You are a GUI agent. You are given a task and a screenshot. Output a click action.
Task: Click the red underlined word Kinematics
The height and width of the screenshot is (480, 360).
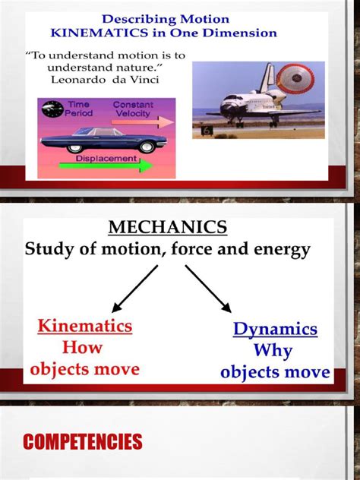click(x=85, y=327)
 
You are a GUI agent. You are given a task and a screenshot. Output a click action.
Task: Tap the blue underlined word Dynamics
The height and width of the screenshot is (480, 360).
click(x=275, y=330)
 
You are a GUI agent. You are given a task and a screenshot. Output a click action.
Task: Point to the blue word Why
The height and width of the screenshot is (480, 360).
click(x=273, y=352)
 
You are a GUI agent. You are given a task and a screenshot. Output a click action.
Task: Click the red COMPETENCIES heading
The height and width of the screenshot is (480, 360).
click(x=84, y=441)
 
